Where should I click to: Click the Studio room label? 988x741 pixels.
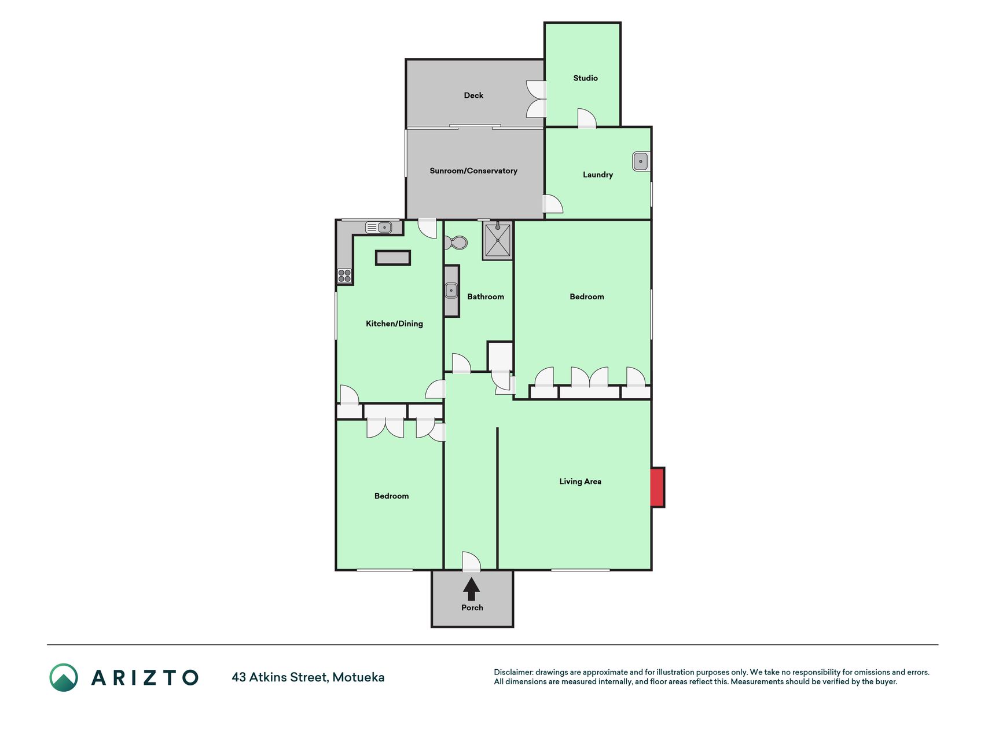(x=585, y=78)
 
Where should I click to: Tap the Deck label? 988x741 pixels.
(x=473, y=96)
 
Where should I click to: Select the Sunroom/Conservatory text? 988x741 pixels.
(x=473, y=171)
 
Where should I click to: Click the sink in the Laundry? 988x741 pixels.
(x=641, y=162)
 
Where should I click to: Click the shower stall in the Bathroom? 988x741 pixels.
(x=497, y=240)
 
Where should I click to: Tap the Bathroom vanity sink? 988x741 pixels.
(x=451, y=291)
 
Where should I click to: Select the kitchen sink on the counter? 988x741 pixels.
(x=379, y=228)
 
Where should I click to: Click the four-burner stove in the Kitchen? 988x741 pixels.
(x=344, y=276)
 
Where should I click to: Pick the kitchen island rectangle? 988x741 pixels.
(x=393, y=258)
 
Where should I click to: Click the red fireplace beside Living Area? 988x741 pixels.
(x=658, y=487)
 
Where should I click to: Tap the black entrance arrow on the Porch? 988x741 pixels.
(x=472, y=589)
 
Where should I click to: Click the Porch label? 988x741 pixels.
(x=472, y=608)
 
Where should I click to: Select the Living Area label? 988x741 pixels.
(x=580, y=482)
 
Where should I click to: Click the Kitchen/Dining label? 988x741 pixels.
(x=394, y=324)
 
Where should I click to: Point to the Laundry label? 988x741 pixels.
(x=598, y=175)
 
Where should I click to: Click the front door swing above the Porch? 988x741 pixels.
(x=471, y=562)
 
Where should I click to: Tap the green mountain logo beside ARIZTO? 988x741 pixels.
(x=64, y=677)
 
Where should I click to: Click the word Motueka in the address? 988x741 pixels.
(x=358, y=677)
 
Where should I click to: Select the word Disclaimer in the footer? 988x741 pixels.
(x=513, y=672)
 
